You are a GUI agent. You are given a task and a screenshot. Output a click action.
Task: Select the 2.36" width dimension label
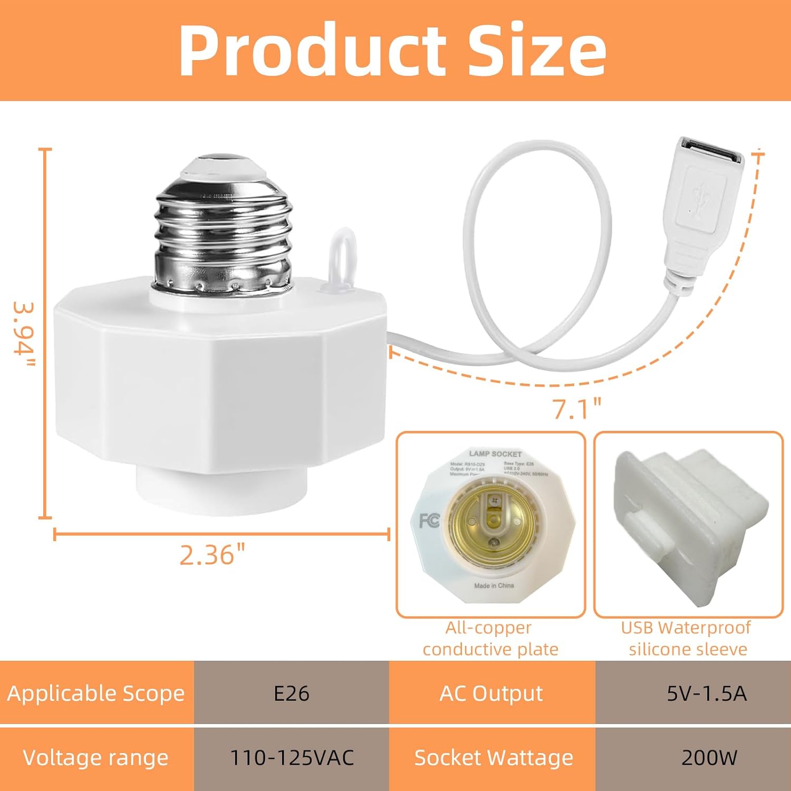[x=213, y=555]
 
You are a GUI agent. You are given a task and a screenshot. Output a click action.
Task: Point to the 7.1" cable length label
[x=576, y=408]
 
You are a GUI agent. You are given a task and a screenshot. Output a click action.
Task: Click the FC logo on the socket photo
[x=429, y=521]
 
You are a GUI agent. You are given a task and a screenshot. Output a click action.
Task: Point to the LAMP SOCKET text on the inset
[x=495, y=454]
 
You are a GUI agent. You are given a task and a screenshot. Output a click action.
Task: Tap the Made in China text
[x=494, y=586]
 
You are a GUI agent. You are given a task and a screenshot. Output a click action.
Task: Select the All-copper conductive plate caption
[x=490, y=639]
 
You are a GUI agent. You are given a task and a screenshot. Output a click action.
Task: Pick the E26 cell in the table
[x=291, y=693]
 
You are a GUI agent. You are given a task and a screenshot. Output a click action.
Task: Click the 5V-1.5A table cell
[x=707, y=693]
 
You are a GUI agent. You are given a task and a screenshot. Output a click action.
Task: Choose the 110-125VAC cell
[x=292, y=758]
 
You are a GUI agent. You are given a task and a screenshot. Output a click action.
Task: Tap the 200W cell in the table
[x=709, y=758]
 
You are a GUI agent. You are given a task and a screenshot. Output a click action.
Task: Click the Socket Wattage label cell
[x=493, y=758]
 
